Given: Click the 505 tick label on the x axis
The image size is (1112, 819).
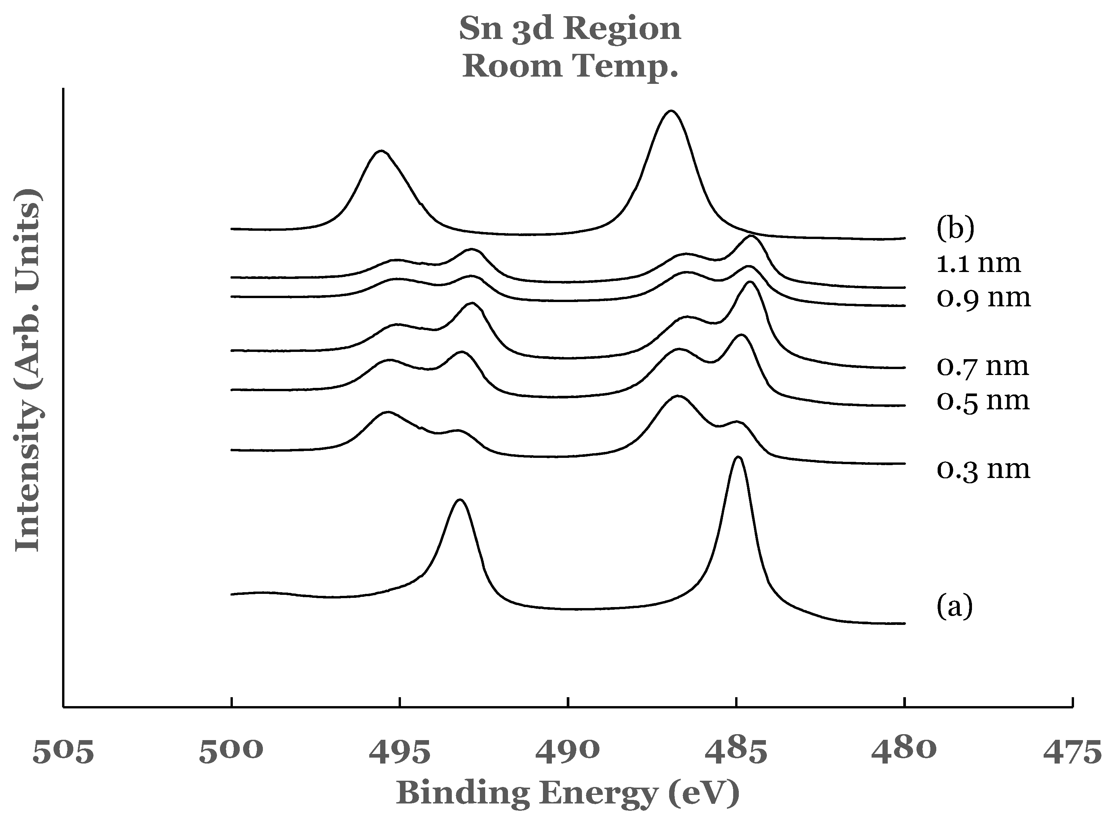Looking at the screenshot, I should click(63, 751).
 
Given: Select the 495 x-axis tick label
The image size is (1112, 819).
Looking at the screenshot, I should click(399, 751).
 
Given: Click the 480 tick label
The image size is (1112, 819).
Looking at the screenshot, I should click(904, 751).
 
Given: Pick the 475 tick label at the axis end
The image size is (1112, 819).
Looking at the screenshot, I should click(1072, 751).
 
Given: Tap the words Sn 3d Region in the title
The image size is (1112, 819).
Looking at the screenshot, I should click(570, 29).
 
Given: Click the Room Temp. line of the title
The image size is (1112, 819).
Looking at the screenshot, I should click(570, 66).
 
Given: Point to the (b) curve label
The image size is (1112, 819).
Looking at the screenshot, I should click(955, 229).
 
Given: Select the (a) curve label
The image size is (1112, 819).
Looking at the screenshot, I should click(954, 606).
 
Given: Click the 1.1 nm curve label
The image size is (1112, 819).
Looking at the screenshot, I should click(979, 263).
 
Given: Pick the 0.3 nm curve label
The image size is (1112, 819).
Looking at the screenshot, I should click(984, 469).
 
